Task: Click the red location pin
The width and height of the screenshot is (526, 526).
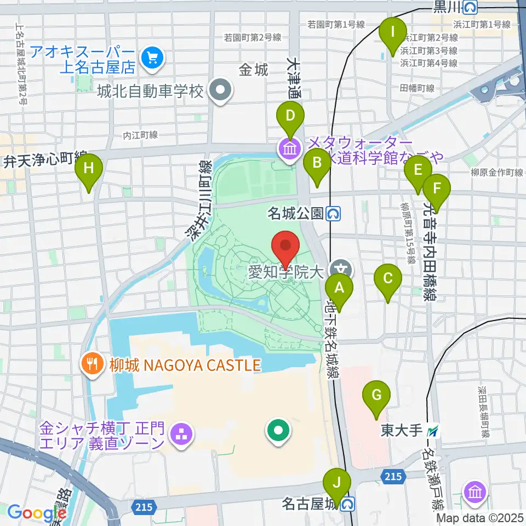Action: pyautogui.click(x=285, y=247)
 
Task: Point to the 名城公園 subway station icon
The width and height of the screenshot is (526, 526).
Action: pyautogui.click(x=332, y=213)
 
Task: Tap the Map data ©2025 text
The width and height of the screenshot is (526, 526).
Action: pyautogui.click(x=480, y=517)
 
